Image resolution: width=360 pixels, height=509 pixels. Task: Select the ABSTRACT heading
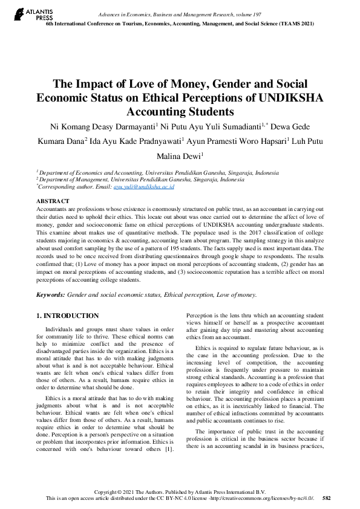pyautogui.click(x=53, y=201)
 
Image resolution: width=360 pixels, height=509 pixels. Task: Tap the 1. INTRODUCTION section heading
pyautogui.click(x=68, y=316)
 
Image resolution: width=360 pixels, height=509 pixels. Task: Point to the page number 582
pyautogui.click(x=327, y=499)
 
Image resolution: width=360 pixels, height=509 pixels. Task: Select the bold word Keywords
pyautogui.click(x=51, y=294)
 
